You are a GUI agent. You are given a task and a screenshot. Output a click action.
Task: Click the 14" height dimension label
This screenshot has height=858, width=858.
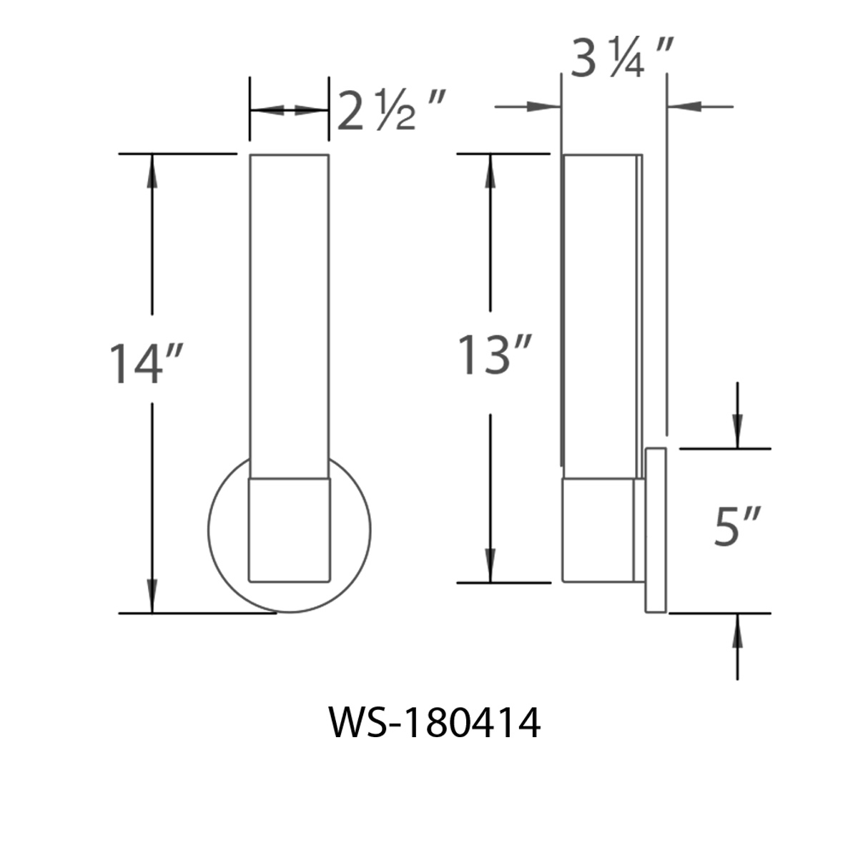[147, 363]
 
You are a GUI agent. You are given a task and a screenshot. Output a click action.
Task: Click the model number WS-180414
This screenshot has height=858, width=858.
[435, 724]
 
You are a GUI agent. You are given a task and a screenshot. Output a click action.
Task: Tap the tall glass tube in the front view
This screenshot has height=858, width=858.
[289, 315]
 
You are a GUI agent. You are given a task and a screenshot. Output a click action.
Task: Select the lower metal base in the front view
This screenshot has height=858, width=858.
[289, 529]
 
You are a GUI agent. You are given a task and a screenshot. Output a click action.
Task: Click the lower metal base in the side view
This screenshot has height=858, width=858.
[598, 529]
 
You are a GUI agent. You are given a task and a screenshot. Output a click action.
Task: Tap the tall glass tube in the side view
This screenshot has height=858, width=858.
[599, 315]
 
